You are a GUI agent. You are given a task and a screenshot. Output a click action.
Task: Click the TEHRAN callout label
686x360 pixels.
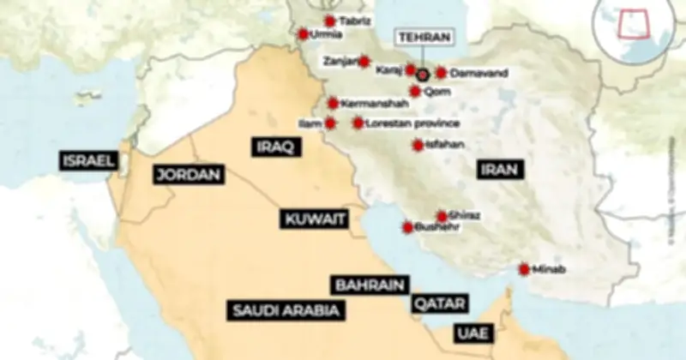[x=424, y=39]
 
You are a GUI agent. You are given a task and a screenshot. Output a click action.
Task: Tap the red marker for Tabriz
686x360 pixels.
[x=330, y=21]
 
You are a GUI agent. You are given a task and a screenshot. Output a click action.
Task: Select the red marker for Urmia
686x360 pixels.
[x=303, y=34]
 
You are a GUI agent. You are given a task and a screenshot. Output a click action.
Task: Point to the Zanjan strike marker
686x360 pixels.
[x=364, y=62]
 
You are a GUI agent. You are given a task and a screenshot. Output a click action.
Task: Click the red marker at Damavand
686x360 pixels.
[x=441, y=73]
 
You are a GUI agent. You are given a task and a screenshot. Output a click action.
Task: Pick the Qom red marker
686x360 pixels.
[x=416, y=91]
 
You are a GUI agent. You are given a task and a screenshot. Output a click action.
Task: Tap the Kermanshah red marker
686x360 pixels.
[x=333, y=104]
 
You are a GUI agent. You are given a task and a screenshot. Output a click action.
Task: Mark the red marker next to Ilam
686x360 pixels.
[x=330, y=123]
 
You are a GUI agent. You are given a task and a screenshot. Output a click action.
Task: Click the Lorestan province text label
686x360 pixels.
[x=401, y=123]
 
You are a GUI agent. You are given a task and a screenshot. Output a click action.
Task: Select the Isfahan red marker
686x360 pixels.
[x=418, y=145]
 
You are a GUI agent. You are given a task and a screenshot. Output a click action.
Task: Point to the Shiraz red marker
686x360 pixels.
[x=442, y=216]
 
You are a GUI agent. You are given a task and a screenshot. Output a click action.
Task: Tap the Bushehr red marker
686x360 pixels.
[x=408, y=227]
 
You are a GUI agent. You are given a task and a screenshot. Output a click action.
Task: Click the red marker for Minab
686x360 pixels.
[x=524, y=269]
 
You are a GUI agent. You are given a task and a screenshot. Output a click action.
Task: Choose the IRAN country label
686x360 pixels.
[x=500, y=170]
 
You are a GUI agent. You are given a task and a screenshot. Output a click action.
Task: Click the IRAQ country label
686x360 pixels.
[x=274, y=147]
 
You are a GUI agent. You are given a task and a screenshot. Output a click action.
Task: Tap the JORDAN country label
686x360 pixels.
[x=189, y=175]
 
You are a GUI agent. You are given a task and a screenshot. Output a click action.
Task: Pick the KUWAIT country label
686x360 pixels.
[x=315, y=219]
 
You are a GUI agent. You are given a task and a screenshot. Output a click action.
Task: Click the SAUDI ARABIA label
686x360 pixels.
[x=286, y=310]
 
